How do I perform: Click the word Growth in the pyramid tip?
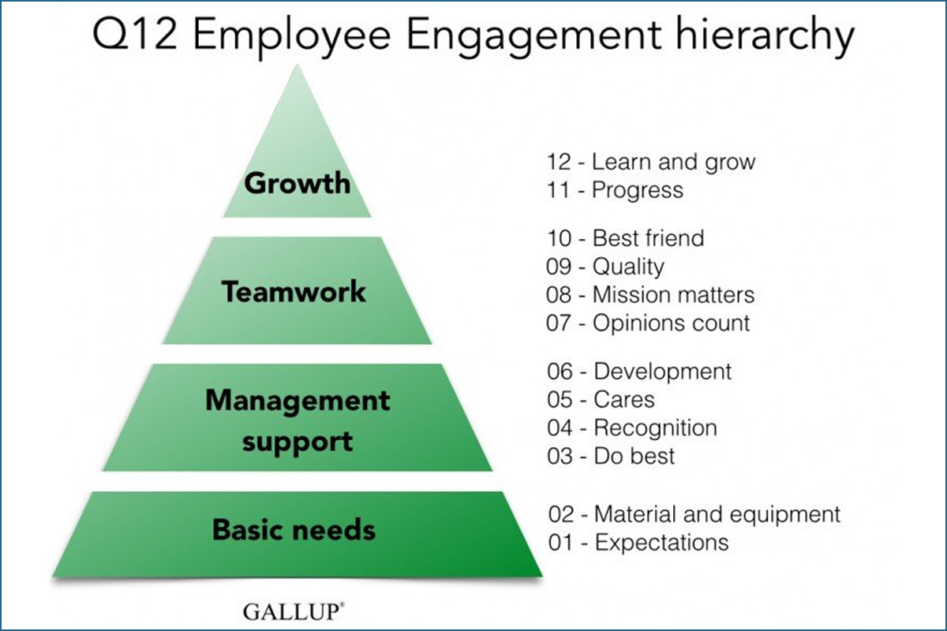pos(298,184)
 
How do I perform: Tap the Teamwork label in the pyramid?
pos(294,291)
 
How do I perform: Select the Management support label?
pos(298,421)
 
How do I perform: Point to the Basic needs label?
pos(294,529)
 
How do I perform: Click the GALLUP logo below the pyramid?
pos(294,611)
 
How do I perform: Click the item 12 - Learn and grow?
pos(651,162)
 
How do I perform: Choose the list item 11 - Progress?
pos(615,190)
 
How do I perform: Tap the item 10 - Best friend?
pos(626,238)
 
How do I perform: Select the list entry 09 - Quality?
pos(605,267)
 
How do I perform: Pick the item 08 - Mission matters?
pos(650,294)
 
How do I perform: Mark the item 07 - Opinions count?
pos(648,323)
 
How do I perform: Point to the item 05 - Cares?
pos(601,399)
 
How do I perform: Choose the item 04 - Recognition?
pos(632,428)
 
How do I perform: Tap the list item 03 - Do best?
pos(611,456)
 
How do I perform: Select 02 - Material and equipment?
pos(694,515)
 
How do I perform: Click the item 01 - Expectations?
pos(638,543)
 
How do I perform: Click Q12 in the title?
pos(134,35)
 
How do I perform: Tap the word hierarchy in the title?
pos(765,37)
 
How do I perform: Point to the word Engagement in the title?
pos(533,38)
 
